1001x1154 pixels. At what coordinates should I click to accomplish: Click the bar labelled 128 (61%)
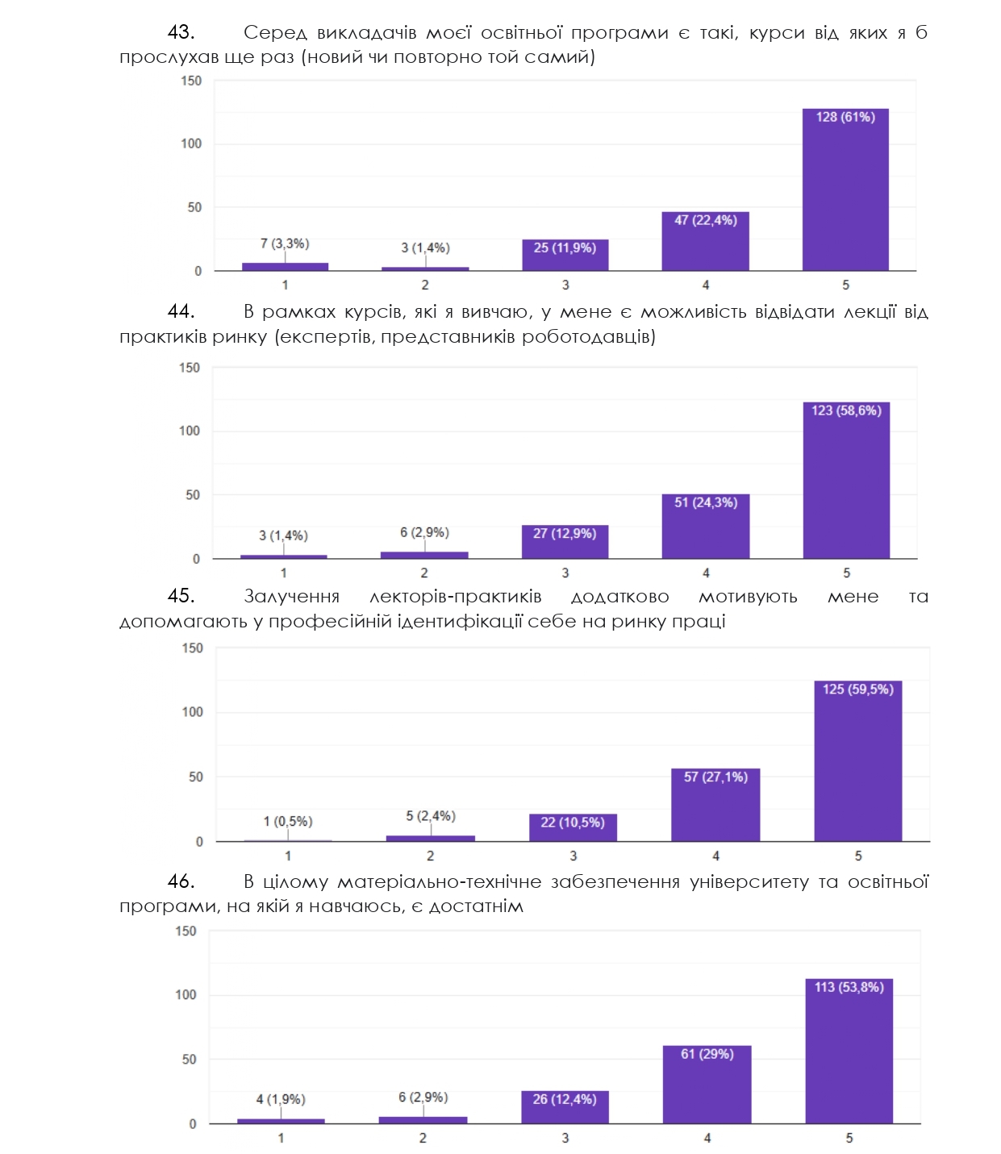pos(845,190)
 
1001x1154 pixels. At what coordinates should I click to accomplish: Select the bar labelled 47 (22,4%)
pos(705,241)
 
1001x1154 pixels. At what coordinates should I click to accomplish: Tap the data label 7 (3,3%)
pos(285,244)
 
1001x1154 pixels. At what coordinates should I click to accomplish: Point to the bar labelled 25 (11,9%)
pos(565,255)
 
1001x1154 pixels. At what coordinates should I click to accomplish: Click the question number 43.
pos(181,32)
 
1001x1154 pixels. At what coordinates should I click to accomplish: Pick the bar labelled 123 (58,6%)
pos(846,480)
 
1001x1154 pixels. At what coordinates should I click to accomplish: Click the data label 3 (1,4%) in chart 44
pos(283,535)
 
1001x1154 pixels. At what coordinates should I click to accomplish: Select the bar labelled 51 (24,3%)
pos(706,526)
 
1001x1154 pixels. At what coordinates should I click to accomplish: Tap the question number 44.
pos(181,311)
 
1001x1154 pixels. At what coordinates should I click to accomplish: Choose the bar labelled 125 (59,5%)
pos(858,760)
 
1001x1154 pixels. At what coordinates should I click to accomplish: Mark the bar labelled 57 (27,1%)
pos(715,805)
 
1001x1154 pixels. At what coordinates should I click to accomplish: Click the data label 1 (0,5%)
pos(288,821)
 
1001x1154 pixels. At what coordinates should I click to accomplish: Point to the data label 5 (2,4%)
pos(431,816)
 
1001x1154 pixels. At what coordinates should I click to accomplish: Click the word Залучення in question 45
pos(291,597)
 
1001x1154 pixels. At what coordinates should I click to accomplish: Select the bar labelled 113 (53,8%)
pos(849,1051)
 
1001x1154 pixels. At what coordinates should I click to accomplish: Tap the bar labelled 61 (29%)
pos(707,1084)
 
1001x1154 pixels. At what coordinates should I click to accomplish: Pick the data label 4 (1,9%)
pos(281,1099)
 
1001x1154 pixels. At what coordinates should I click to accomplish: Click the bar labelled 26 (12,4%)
pos(565,1106)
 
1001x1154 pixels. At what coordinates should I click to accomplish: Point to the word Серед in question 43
pos(275,32)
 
